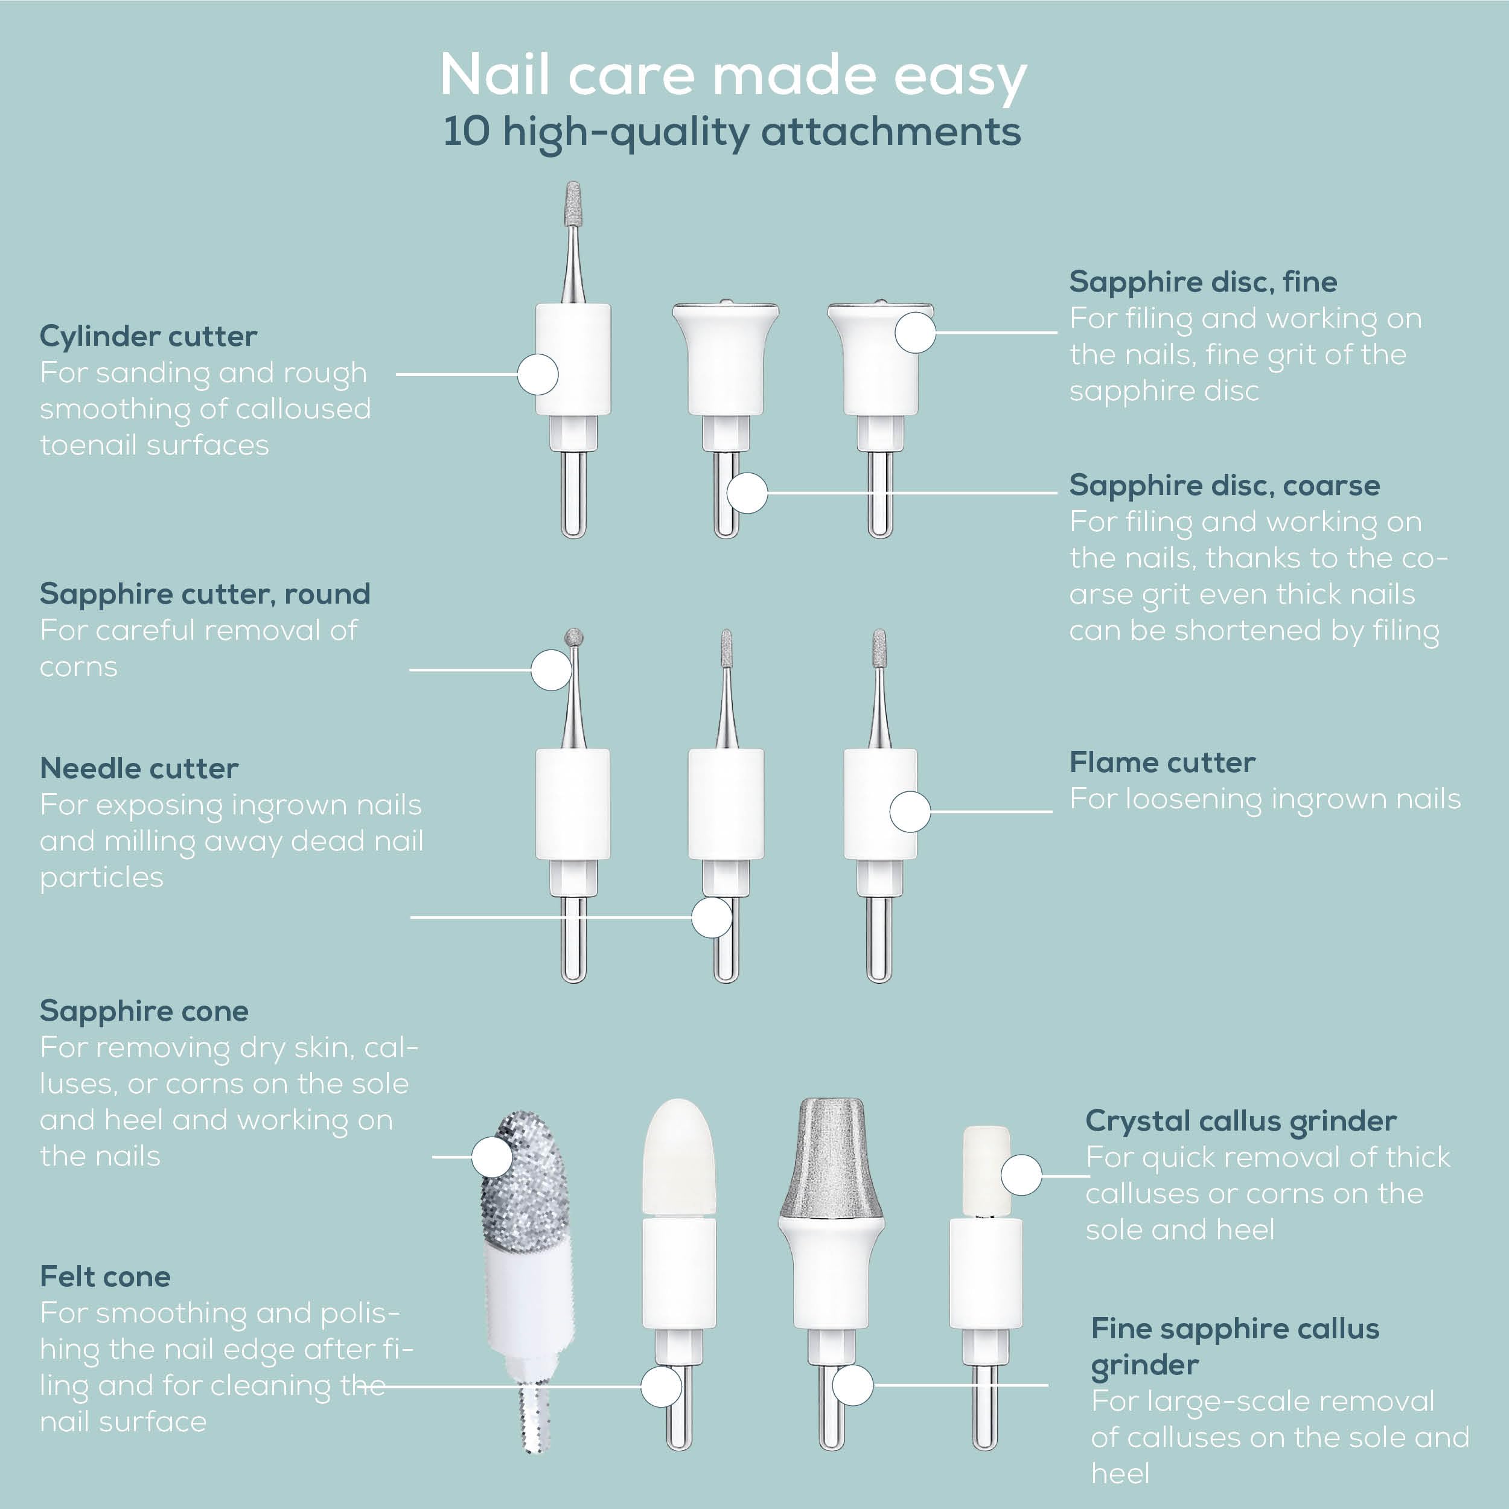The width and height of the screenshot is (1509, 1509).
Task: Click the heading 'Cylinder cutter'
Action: click(x=148, y=337)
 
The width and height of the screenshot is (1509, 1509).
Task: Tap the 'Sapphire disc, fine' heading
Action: click(x=1203, y=282)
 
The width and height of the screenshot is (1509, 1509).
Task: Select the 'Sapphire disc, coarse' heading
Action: click(x=1224, y=485)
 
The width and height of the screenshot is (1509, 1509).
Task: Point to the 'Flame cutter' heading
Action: click(x=1162, y=762)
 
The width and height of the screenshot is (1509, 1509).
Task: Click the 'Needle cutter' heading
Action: click(x=139, y=768)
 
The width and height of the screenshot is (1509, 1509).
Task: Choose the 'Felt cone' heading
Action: click(x=106, y=1276)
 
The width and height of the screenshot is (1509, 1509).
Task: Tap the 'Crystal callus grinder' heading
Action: click(x=1240, y=1121)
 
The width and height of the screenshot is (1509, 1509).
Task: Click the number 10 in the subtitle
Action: click(x=467, y=131)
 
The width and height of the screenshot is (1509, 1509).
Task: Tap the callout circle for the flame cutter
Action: click(x=910, y=811)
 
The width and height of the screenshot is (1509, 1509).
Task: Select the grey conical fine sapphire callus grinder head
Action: click(x=831, y=1156)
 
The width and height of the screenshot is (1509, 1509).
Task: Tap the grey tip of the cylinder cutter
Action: click(x=573, y=202)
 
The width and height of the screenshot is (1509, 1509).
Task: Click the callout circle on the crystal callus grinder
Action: click(x=1021, y=1175)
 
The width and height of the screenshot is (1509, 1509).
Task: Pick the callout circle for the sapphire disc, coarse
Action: click(x=747, y=493)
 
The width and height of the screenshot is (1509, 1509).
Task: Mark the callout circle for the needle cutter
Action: click(x=712, y=917)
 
